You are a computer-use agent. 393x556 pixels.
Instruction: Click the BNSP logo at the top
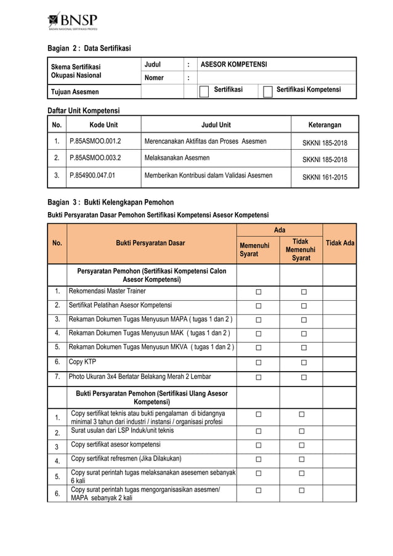tap(73, 21)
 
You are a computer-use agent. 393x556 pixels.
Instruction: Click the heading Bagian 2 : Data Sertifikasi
tap(89, 48)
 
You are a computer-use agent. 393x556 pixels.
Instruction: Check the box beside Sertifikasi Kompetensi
tap(267, 92)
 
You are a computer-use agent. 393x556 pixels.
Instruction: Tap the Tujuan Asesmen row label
tap(75, 92)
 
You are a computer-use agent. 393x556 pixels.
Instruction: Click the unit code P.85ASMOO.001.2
tap(95, 141)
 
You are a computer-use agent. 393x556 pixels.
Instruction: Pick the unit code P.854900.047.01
tap(95, 175)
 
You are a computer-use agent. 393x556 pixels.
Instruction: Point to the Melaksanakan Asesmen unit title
tap(177, 158)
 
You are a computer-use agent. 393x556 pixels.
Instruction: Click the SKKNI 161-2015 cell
tap(325, 176)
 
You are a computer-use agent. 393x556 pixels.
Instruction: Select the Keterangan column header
tap(325, 125)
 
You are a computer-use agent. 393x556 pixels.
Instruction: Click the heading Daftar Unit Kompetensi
tap(84, 110)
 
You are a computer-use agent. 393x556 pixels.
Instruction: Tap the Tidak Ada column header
tap(339, 243)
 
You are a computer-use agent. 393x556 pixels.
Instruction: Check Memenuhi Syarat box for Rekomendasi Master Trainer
tap(258, 292)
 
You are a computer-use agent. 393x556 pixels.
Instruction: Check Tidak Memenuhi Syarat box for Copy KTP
tap(303, 362)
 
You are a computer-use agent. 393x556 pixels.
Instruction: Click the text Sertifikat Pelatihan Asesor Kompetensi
tap(121, 305)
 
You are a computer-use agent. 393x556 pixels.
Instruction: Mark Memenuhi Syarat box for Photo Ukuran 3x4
tap(258, 377)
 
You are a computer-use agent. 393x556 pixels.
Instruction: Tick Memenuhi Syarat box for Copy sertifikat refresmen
tap(258, 459)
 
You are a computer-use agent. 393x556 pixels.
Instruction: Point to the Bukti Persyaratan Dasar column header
tap(151, 243)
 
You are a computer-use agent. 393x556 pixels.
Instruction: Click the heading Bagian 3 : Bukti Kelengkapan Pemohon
tap(111, 202)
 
